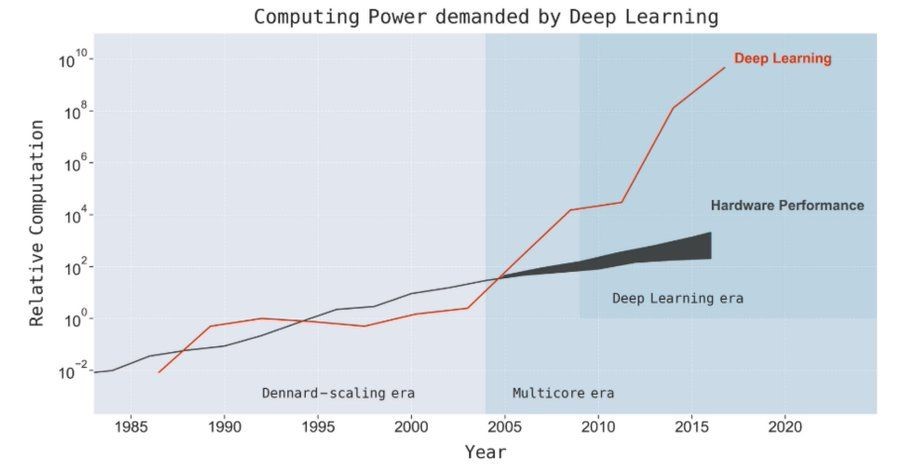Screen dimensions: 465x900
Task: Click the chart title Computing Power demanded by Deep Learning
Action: coord(485,17)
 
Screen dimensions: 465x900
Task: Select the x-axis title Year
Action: coord(485,452)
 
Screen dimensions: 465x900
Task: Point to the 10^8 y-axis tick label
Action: coord(74,112)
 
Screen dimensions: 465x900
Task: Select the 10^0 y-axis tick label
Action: coord(74,319)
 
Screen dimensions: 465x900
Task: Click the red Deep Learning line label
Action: coord(782,59)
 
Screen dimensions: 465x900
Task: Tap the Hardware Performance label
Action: coord(787,206)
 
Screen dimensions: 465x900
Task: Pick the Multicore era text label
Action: coord(563,393)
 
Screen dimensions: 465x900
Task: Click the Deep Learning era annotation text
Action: coord(677,298)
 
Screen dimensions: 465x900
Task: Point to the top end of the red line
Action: coord(725,68)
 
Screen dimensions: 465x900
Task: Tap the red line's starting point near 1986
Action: coord(159,372)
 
